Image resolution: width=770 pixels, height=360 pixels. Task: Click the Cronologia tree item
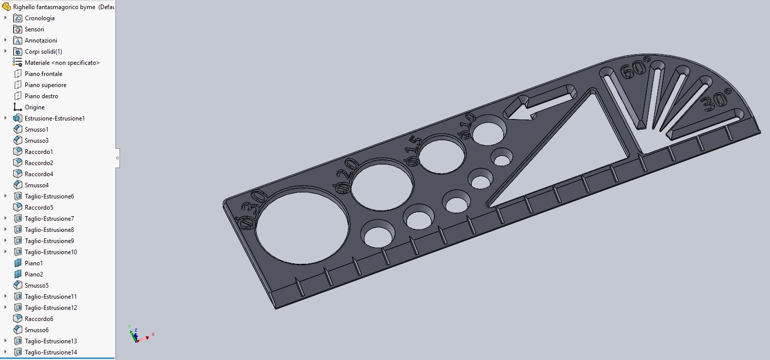point(39,18)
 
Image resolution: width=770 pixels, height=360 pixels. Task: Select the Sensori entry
point(34,29)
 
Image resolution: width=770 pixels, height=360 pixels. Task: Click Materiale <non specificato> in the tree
point(62,63)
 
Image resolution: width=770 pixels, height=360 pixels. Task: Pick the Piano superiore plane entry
point(46,85)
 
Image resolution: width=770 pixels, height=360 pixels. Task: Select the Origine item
point(34,107)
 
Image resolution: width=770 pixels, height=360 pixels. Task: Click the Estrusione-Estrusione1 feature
point(55,118)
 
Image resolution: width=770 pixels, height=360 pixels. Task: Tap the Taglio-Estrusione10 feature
point(51,252)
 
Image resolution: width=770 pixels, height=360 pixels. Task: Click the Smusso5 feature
point(36,286)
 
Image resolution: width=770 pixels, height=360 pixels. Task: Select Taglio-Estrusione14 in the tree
point(51,352)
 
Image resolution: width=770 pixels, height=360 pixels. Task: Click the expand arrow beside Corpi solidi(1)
point(6,52)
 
